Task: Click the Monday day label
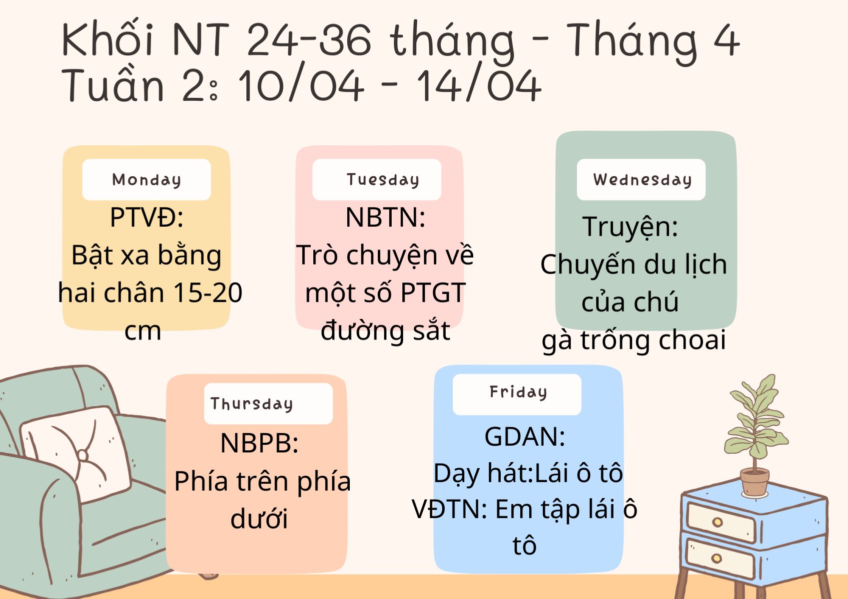click(146, 180)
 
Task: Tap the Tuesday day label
click(383, 180)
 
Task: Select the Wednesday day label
click(643, 180)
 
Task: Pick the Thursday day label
click(252, 404)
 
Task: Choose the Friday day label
click(518, 392)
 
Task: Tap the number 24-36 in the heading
click(308, 39)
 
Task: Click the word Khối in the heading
click(107, 38)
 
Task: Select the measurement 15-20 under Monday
click(208, 293)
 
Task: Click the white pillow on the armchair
click(76, 454)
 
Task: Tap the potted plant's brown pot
click(755, 482)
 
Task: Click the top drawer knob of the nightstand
click(718, 522)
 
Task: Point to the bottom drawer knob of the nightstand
click(716, 558)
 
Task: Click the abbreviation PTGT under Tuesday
click(433, 293)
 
